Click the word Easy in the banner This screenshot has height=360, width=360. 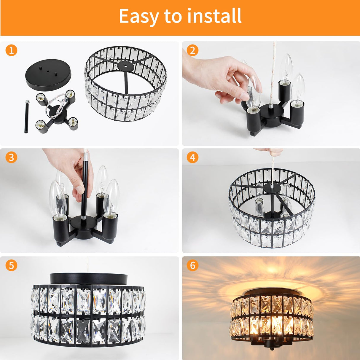(x=139, y=16)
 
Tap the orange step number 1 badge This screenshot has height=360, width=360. (x=11, y=50)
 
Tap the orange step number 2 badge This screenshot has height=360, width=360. (x=192, y=50)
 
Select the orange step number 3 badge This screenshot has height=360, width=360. (x=11, y=157)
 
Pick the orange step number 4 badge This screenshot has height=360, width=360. (x=192, y=157)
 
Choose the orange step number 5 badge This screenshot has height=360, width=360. (x=11, y=265)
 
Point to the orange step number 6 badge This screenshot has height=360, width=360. (x=192, y=265)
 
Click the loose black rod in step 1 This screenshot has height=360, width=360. (x=26, y=117)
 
